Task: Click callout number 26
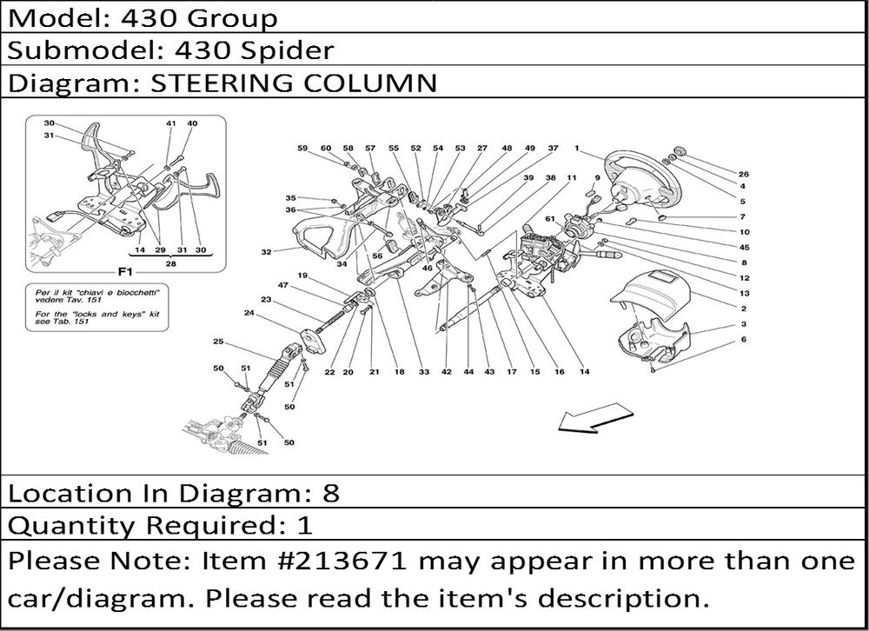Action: coord(743,174)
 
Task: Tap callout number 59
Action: coord(302,148)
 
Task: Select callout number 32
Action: coord(266,252)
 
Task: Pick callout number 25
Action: coord(218,341)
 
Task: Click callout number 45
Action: coord(745,248)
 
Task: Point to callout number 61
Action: coord(549,218)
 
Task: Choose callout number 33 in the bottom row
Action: coord(424,371)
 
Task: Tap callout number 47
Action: coord(283,285)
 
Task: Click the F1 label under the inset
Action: coord(125,272)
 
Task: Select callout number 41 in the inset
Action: coord(170,123)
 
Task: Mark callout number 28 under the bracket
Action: coord(170,263)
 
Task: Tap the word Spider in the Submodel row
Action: coord(287,50)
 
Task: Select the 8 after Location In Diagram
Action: coord(330,493)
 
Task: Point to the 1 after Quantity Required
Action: coord(305,525)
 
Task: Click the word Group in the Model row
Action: coord(232,18)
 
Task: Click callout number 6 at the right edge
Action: coord(743,339)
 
